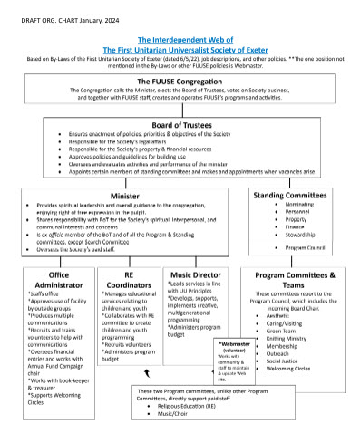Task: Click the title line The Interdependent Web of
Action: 180,41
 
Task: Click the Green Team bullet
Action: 283,332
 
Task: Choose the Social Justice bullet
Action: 286,361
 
